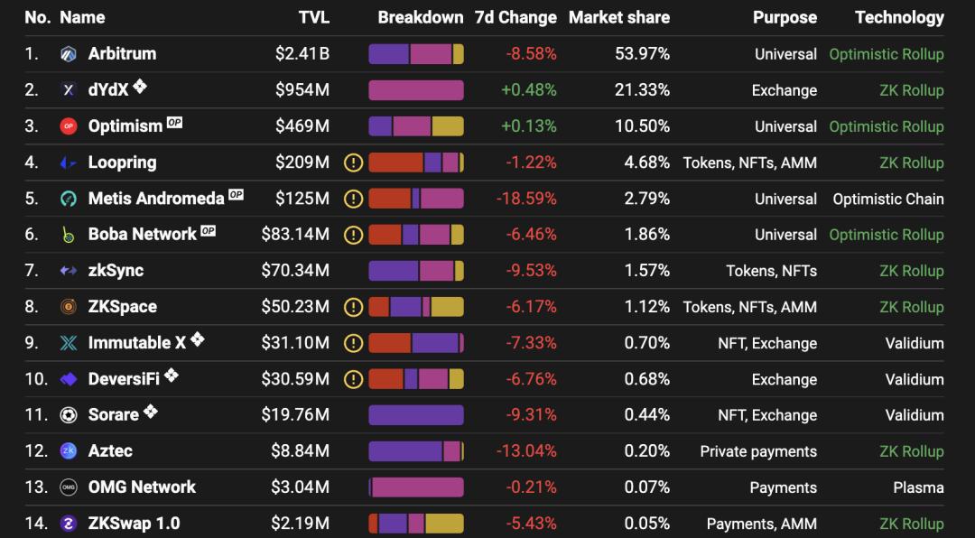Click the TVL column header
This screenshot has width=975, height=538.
tap(313, 17)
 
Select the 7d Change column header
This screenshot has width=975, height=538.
tap(515, 17)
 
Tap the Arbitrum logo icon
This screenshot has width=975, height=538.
tap(69, 54)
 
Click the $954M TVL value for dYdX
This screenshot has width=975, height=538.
tap(302, 90)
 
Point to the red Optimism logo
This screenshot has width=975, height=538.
tap(69, 126)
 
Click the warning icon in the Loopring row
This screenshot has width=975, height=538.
tap(353, 162)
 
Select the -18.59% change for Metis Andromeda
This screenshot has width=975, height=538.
tap(527, 199)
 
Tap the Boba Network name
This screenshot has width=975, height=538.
tap(142, 235)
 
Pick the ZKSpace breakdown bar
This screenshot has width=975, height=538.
tap(415, 307)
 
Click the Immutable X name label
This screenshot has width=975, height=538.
tap(136, 343)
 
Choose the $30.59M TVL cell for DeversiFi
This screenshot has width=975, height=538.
tap(295, 379)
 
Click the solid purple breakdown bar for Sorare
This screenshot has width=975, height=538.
tap(415, 415)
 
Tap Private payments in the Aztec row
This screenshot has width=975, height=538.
tap(758, 451)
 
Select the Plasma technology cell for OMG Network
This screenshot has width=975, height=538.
tap(918, 487)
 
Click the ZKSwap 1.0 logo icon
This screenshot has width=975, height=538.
tap(69, 524)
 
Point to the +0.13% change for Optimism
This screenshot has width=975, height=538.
tap(529, 126)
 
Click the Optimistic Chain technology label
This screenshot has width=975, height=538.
tap(888, 199)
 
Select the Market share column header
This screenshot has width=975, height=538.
tap(619, 17)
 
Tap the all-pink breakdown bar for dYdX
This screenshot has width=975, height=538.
tap(415, 90)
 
